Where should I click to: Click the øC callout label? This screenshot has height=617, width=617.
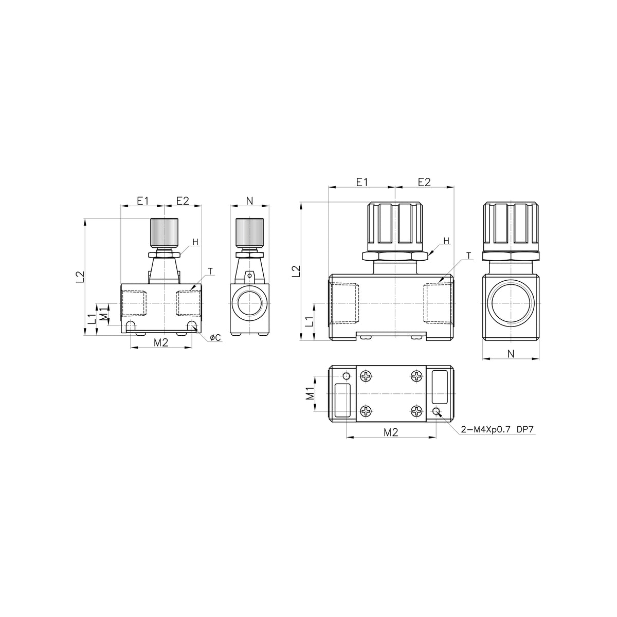click(x=215, y=337)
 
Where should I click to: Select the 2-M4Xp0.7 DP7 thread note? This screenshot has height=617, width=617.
click(x=497, y=429)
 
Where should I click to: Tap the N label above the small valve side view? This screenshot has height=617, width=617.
click(x=249, y=201)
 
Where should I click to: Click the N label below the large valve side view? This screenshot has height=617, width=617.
click(x=511, y=353)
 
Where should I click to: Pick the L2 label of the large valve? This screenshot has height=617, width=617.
click(x=297, y=271)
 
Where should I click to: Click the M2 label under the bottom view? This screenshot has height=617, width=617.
click(x=391, y=432)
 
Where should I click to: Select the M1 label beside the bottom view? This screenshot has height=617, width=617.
click(x=310, y=393)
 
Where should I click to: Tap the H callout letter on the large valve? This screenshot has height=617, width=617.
click(x=446, y=241)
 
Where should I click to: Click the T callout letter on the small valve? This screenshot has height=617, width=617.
click(x=210, y=271)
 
